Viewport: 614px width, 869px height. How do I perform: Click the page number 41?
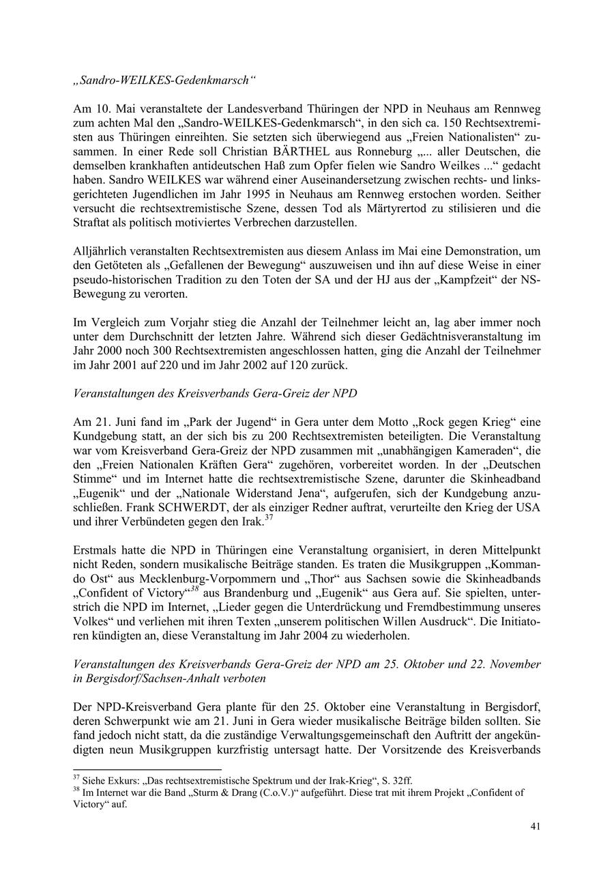click(536, 827)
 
